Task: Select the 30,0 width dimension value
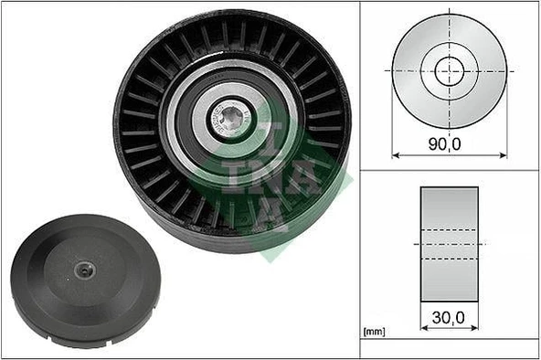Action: (x=449, y=319)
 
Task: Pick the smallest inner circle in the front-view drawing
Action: (x=449, y=69)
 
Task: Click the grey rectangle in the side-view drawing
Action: (x=449, y=244)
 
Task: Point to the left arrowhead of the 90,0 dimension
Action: (x=396, y=154)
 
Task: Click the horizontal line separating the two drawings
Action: (x=449, y=170)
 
